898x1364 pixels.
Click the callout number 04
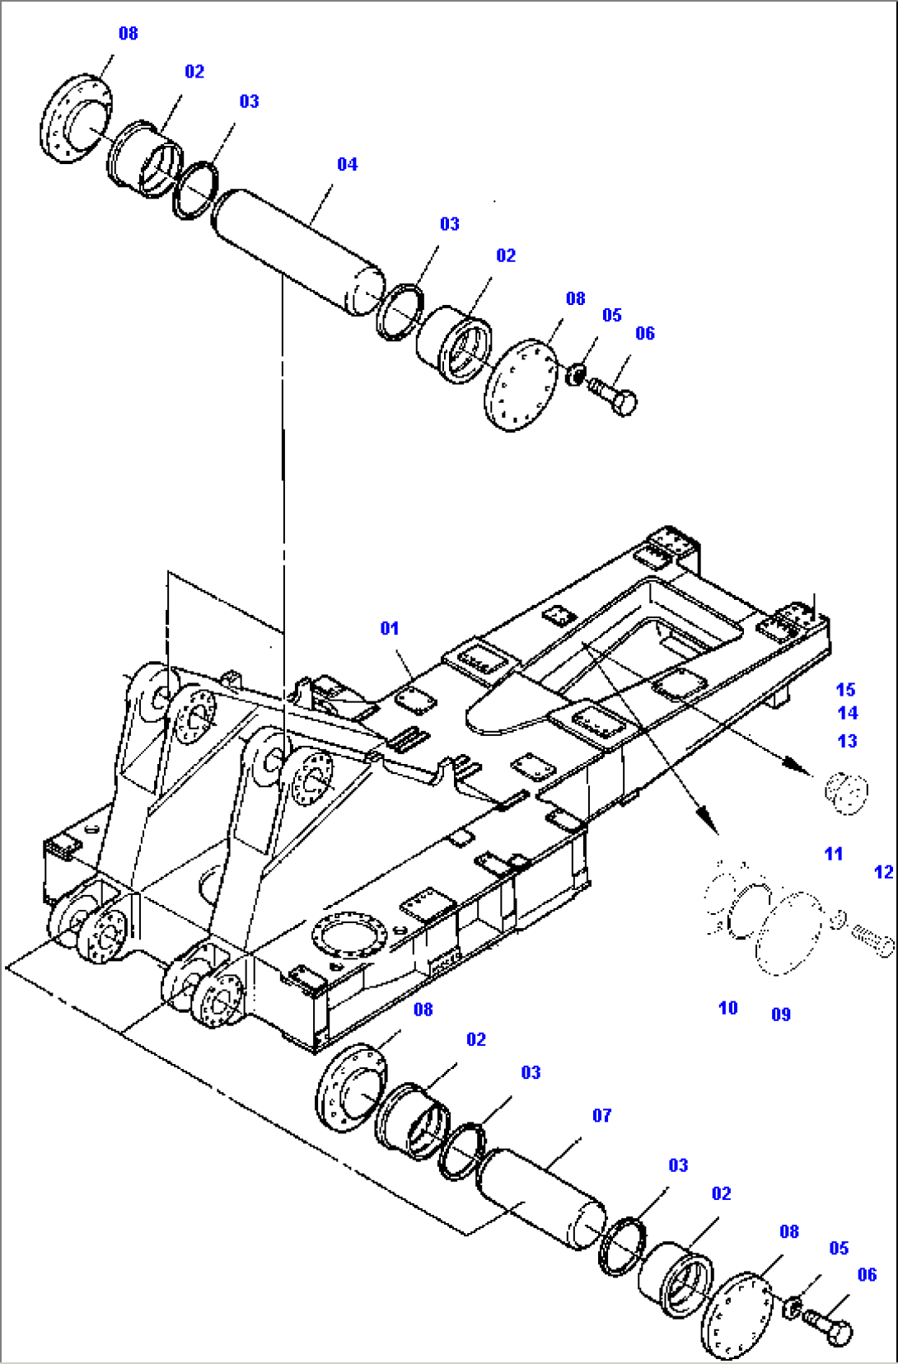click(347, 165)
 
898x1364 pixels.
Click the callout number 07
click(601, 1116)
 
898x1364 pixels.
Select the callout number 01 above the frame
click(389, 629)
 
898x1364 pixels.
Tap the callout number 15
click(845, 690)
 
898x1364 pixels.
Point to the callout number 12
click(883, 872)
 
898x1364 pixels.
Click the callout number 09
click(780, 1015)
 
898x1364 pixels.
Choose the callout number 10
click(727, 1008)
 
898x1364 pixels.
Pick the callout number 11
click(833, 854)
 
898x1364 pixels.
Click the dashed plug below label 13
click(846, 792)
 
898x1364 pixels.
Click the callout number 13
click(847, 741)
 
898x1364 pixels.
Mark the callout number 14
click(847, 713)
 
